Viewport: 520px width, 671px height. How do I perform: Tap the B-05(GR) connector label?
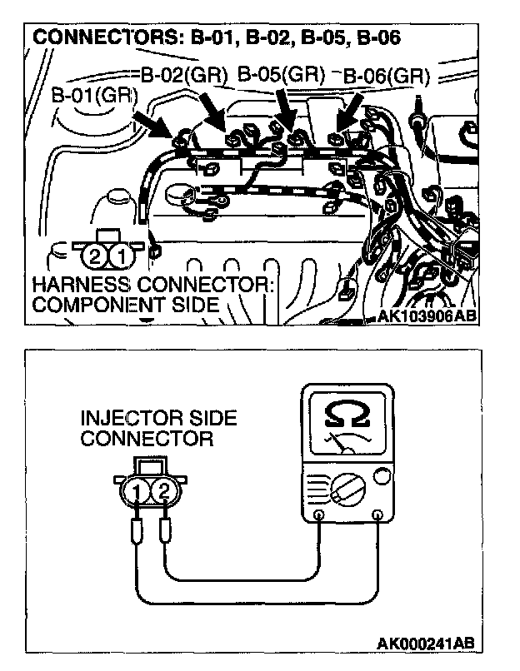[x=281, y=74]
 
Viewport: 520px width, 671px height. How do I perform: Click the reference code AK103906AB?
[x=427, y=316]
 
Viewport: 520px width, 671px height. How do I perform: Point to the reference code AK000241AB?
[x=427, y=643]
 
